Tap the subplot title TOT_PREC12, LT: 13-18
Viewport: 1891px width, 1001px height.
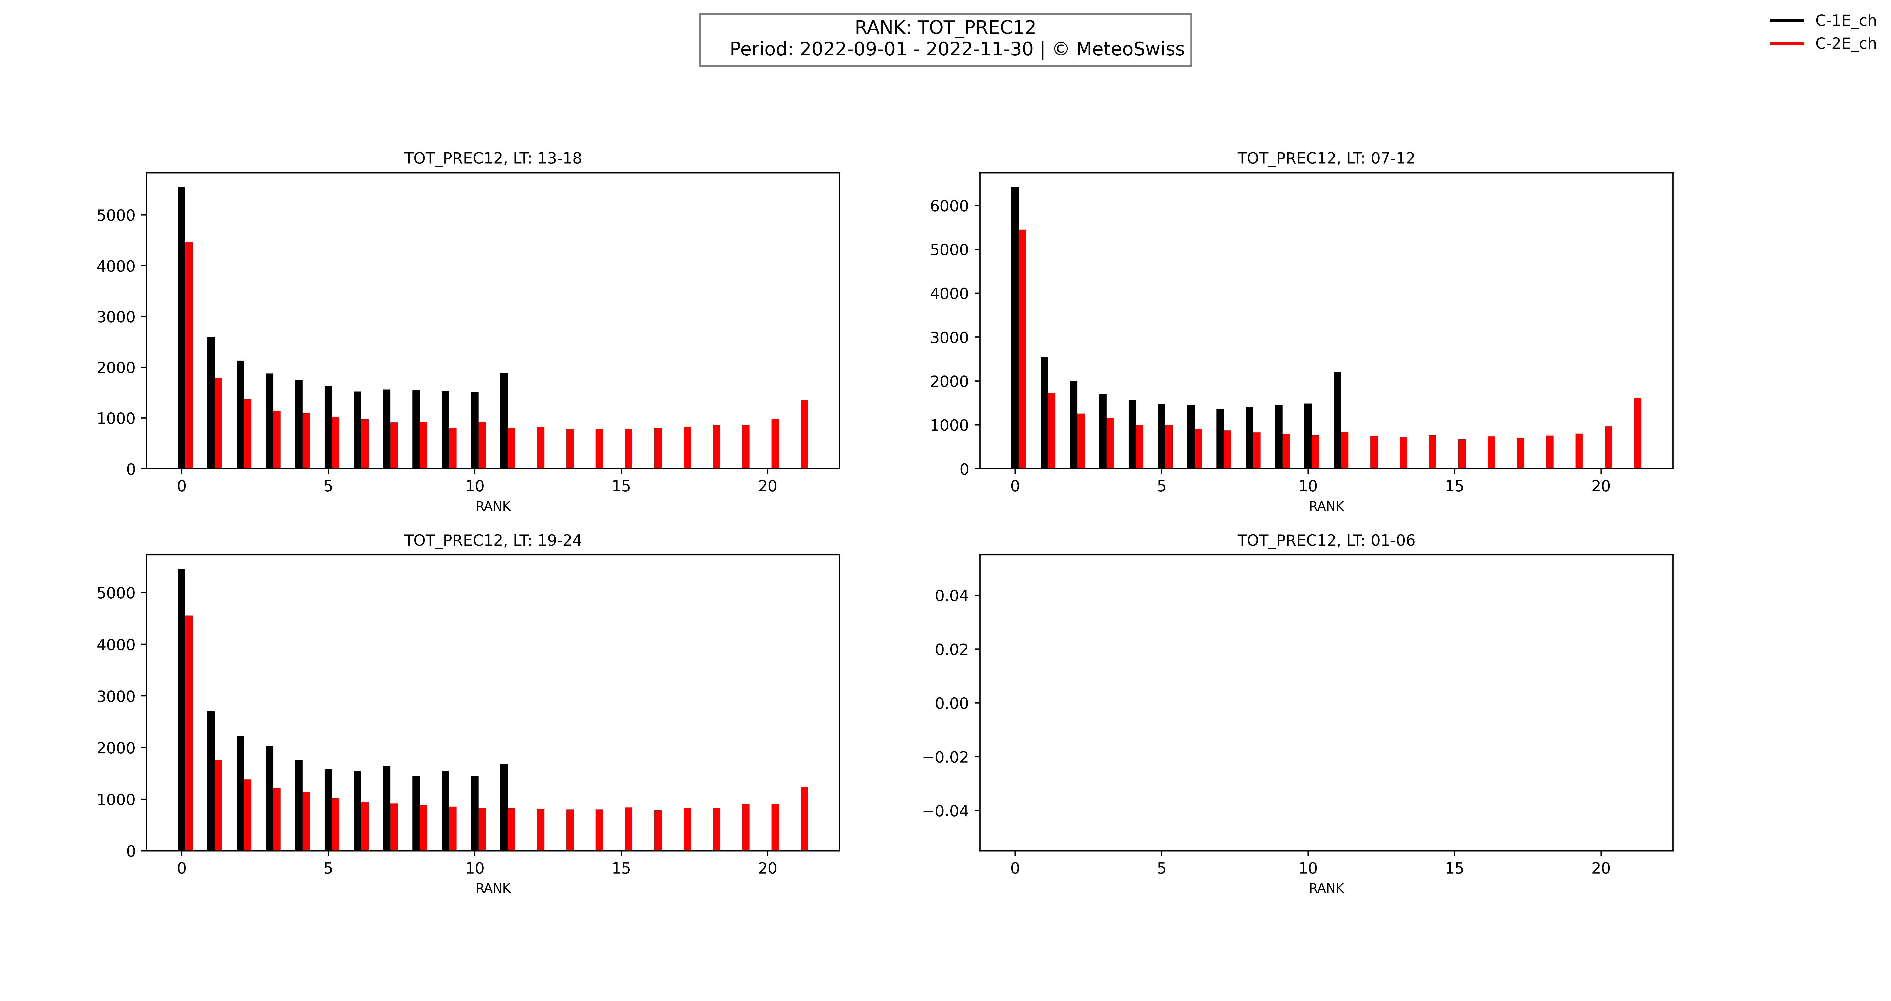coord(493,159)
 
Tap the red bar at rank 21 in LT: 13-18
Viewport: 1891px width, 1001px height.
coord(804,434)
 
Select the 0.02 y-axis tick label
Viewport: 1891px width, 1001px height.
coord(951,650)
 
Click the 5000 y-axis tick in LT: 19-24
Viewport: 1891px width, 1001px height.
coord(116,593)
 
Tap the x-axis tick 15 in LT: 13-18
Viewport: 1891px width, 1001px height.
coord(621,486)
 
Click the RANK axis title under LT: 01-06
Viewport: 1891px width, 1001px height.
coord(1326,888)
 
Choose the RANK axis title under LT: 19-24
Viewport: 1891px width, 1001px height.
coord(493,888)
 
